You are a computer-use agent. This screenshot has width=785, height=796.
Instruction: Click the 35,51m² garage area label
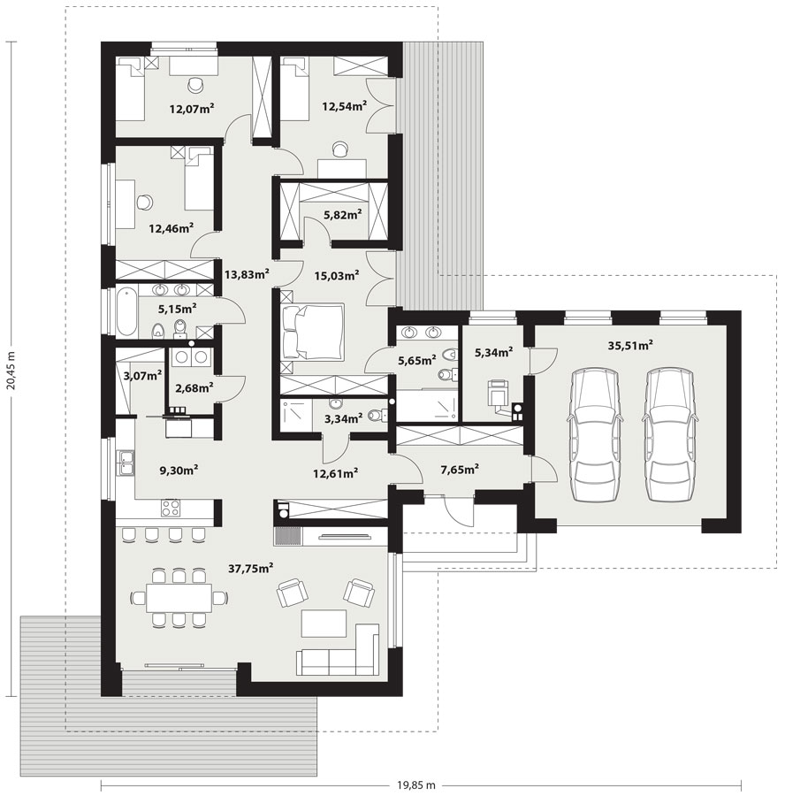pos(630,346)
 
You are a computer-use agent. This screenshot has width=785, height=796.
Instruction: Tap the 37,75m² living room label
pos(251,568)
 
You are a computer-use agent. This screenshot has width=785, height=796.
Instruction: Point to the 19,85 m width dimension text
pos(416,785)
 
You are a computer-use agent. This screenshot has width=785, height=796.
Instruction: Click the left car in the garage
pos(595,434)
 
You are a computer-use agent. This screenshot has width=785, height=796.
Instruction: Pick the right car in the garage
pos(670,434)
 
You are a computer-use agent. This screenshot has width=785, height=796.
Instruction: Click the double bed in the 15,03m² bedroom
pos(312,332)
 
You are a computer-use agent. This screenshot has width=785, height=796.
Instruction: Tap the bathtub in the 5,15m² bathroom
pos(127,310)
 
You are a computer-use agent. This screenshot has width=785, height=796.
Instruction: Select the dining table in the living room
pos(179,598)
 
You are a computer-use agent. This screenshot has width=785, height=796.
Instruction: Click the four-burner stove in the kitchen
pos(171,508)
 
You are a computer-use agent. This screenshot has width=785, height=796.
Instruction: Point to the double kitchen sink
pos(126,463)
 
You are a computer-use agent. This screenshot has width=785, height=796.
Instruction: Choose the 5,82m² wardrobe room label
pos(342,214)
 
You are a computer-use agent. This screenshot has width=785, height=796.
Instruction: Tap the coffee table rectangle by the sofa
pos(324,624)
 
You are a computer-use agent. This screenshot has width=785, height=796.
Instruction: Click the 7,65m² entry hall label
pos(459,470)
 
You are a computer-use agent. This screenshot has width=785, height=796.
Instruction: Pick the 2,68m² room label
pos(194,388)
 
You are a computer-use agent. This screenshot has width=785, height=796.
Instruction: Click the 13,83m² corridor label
pos(247,275)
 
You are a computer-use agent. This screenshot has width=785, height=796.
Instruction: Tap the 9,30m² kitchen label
pos(179,471)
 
